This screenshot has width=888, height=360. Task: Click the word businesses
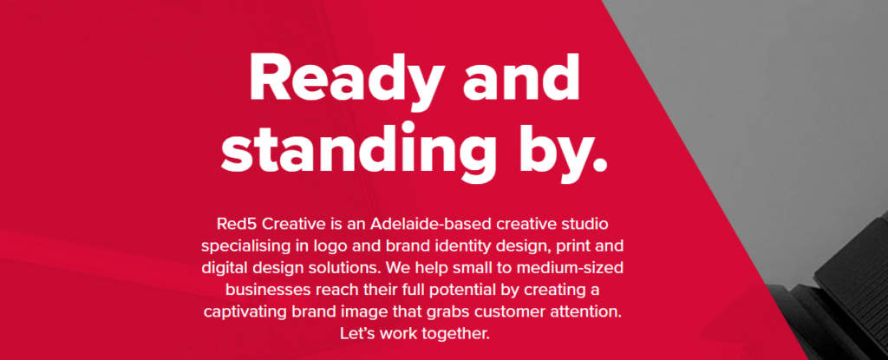pos(268,291)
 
